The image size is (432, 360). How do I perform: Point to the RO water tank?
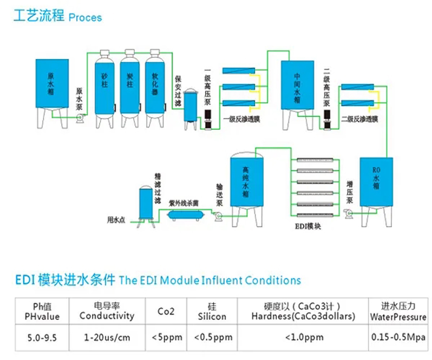tap(376, 181)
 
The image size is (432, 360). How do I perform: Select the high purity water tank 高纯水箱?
tap(246, 181)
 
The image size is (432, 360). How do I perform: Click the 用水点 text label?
tap(116, 220)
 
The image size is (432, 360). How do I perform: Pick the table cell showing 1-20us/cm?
tap(107, 337)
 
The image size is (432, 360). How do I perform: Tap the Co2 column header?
tap(166, 311)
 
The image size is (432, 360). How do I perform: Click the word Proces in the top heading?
tap(85, 17)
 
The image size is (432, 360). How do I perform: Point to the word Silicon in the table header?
tap(212, 316)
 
